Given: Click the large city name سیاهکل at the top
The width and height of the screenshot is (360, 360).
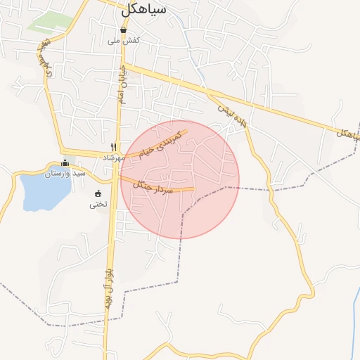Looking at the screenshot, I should coord(143,9).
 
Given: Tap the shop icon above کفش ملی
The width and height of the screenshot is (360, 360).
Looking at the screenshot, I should coord(124,30).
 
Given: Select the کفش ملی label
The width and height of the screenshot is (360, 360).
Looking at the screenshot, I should coord(124,41).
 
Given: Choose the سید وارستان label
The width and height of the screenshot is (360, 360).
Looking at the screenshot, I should coord(65,173).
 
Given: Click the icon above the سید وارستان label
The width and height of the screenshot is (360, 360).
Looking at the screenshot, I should coord(65,163).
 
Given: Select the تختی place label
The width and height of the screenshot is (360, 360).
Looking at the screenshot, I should coord(97,205).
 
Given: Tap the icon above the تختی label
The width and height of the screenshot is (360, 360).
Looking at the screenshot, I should coord(97,194).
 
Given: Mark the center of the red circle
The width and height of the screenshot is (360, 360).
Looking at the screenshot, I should coord(180,179).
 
